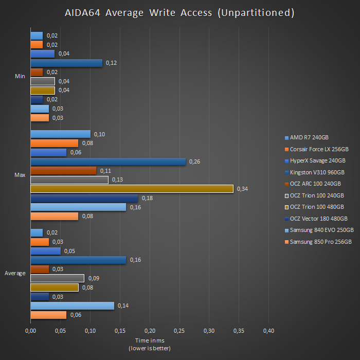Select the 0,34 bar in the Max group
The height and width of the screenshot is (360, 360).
point(132,189)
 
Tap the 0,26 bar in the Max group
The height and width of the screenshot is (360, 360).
point(108,161)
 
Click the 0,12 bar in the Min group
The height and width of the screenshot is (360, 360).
point(66,63)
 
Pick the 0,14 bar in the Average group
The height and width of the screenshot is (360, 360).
point(72,305)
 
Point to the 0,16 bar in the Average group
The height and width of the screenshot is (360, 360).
point(78,260)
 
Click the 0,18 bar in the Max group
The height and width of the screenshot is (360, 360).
point(84,198)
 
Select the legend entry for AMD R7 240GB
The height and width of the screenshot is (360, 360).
point(309,137)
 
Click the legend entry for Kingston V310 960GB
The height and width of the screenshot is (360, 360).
point(317,172)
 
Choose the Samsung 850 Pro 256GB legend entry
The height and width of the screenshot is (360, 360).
point(320,242)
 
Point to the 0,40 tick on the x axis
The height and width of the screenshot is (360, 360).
point(268,330)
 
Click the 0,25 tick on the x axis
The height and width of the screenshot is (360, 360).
point(179,330)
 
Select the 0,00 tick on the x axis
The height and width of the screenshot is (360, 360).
point(30,330)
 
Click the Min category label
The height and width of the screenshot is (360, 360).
point(20,76)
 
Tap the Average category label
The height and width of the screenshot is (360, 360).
point(15,273)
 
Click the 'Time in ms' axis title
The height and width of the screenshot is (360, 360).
point(149,340)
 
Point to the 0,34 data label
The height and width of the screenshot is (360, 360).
point(242,189)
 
